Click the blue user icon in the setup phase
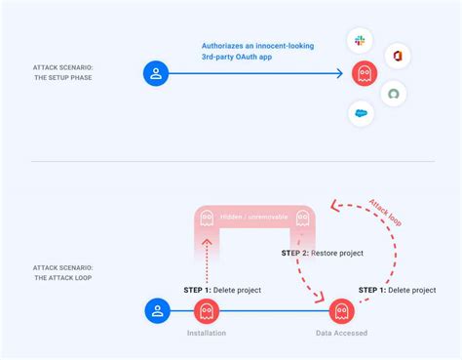tap(156, 73)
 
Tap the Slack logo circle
tap(361, 40)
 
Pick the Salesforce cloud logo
tap(361, 113)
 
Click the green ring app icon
tap(394, 94)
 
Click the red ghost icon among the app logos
tap(363, 74)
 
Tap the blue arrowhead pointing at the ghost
tap(339, 73)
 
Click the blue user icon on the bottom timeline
tap(156, 311)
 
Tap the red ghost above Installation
tap(206, 311)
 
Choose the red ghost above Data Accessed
tap(340, 311)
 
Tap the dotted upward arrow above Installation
tap(206, 262)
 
